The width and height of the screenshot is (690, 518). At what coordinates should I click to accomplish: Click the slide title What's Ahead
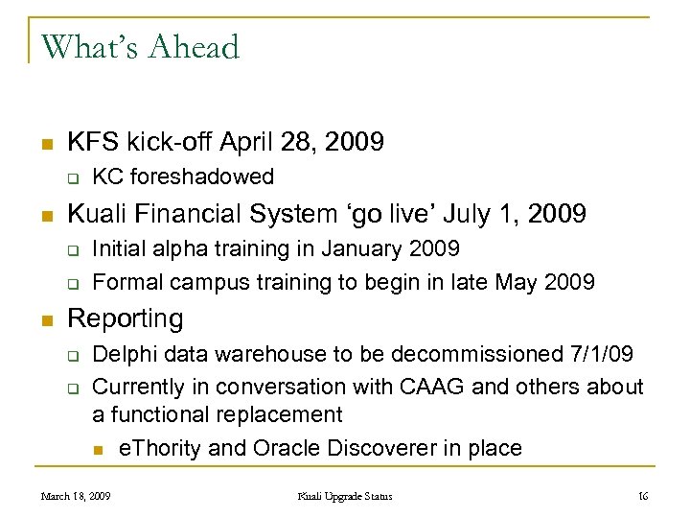pyautogui.click(x=140, y=46)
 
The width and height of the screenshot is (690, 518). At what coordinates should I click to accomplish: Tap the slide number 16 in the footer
pyautogui.click(x=643, y=496)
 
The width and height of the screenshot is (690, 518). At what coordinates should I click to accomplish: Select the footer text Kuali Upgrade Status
pyautogui.click(x=345, y=496)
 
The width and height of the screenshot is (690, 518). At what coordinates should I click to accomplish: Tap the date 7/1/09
pyautogui.click(x=599, y=355)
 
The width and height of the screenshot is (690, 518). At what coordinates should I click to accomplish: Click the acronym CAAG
pyautogui.click(x=449, y=386)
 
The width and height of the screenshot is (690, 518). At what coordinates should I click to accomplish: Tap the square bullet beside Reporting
pyautogui.click(x=46, y=319)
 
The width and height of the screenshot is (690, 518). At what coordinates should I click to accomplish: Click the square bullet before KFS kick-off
pyautogui.click(x=46, y=145)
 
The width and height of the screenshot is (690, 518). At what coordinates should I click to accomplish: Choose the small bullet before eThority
pyautogui.click(x=98, y=449)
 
